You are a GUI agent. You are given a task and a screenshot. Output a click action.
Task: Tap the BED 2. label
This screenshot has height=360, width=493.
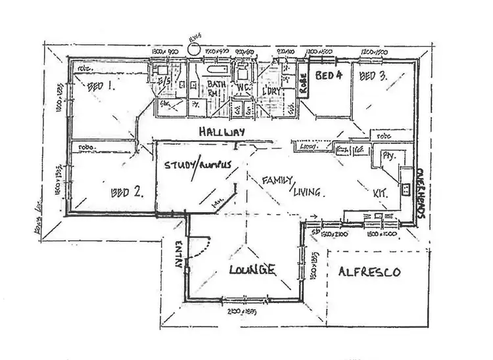[129, 192]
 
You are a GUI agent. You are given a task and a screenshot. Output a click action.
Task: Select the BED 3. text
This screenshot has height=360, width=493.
[373, 76]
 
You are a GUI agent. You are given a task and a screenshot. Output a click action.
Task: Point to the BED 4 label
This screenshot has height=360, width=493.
[329, 75]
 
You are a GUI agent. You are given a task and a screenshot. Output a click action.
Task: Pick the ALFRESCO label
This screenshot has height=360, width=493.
[368, 271]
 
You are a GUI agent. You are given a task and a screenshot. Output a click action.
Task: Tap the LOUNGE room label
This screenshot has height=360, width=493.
[252, 269]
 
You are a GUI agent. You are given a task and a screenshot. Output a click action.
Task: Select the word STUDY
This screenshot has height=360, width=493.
[177, 166]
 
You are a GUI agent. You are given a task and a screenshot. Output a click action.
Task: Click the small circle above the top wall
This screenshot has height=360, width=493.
[193, 48]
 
